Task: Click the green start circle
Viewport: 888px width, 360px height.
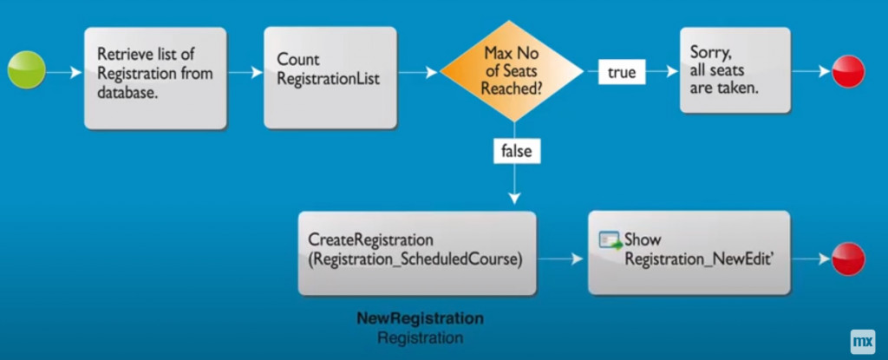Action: (26, 69)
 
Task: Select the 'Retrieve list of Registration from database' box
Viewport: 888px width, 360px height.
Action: (155, 78)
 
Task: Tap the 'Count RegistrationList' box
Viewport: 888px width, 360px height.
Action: (330, 78)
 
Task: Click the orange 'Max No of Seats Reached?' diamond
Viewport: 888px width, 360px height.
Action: (512, 71)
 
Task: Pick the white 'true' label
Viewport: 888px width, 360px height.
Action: (622, 73)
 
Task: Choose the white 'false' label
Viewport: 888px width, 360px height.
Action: (517, 151)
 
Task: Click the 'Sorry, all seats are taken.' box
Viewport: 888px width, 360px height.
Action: (735, 69)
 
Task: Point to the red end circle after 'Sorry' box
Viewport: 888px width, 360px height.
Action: (848, 71)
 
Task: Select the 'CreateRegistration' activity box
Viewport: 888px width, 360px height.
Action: (417, 253)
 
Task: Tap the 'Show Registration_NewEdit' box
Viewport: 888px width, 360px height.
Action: (689, 252)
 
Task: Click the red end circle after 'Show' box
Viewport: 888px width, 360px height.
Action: (848, 259)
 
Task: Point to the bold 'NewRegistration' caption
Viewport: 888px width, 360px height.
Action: (421, 318)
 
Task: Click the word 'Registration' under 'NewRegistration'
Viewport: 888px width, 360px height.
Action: (421, 338)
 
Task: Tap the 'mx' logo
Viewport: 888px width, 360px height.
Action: (863, 342)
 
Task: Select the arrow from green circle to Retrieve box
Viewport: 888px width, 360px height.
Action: (63, 73)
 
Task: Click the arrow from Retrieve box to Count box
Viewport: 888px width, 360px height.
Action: (245, 73)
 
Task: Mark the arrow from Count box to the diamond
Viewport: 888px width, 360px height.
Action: (418, 73)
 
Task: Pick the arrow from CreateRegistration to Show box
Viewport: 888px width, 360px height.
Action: (560, 259)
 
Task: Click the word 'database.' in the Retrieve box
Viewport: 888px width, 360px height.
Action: (127, 93)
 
